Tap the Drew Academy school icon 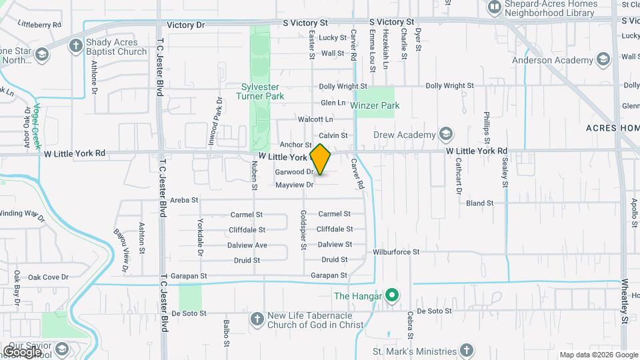point(445,134)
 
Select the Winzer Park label point(378,105)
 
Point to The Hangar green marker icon point(393,296)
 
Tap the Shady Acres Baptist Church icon point(76,46)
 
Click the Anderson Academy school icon point(603,60)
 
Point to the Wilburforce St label point(396,252)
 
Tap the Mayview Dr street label point(294,184)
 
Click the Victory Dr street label point(186,25)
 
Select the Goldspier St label point(303,231)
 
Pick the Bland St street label point(479,203)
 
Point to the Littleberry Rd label point(40,24)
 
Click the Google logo point(22,351)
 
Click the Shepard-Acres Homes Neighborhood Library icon point(494,7)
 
